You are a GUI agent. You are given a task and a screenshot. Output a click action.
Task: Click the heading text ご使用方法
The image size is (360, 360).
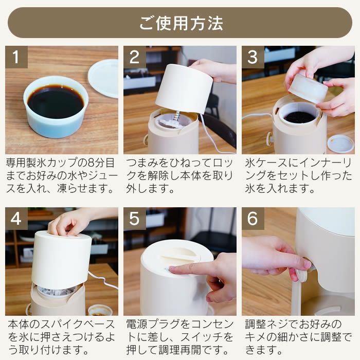180,23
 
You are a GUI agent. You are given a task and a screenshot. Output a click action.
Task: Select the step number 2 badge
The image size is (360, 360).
135,57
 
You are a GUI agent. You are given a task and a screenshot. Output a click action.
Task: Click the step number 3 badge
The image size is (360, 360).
253,57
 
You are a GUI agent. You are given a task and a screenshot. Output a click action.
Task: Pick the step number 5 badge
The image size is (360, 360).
135,219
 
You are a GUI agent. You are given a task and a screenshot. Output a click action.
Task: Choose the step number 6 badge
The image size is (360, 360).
253,219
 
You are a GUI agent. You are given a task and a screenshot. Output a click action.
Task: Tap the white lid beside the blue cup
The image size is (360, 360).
104,77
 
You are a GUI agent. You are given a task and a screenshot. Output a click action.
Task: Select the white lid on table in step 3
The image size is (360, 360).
340,143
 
